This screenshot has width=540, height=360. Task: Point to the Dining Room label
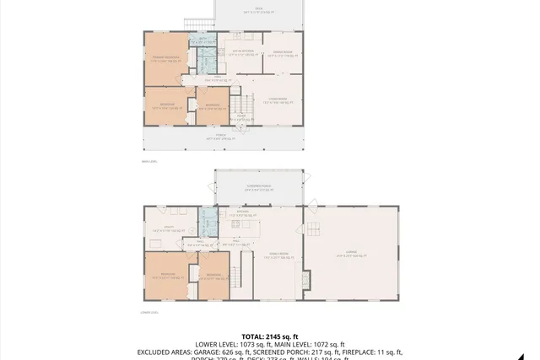281,54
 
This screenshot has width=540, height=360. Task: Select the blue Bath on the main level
205,58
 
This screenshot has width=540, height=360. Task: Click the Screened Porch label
258,187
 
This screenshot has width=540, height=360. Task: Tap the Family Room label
274,257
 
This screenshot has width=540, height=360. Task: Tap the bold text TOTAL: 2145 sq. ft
269,335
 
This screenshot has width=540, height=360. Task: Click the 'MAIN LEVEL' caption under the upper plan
149,160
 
